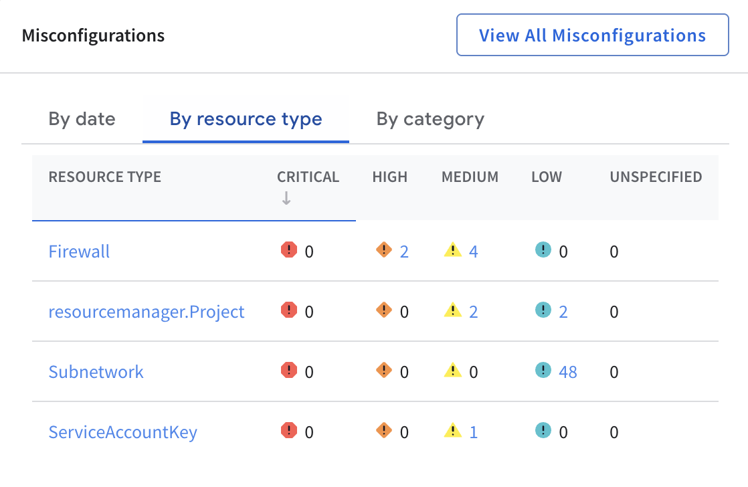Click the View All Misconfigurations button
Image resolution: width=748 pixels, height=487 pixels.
pyautogui.click(x=592, y=35)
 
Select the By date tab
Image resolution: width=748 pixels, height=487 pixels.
pyautogui.click(x=82, y=119)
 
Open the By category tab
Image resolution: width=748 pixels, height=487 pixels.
pyautogui.click(x=430, y=119)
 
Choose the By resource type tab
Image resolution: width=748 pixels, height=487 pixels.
pyautogui.click(x=246, y=119)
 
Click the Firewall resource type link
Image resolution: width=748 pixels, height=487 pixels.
pyautogui.click(x=79, y=252)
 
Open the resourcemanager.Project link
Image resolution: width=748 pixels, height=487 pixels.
pyautogui.click(x=147, y=312)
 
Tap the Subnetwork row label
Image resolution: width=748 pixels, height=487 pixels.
pyautogui.click(x=96, y=372)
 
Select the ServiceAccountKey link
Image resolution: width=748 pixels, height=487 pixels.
pyautogui.click(x=122, y=432)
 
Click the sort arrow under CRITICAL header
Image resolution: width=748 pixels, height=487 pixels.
pyautogui.click(x=286, y=198)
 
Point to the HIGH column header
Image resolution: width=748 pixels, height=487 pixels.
pyautogui.click(x=389, y=177)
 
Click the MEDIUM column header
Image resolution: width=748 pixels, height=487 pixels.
pyautogui.click(x=470, y=177)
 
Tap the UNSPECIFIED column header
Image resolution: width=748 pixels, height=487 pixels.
pyautogui.click(x=656, y=177)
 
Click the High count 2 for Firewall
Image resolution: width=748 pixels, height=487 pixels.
pyautogui.click(x=404, y=252)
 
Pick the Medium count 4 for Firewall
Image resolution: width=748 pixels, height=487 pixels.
pyautogui.click(x=474, y=252)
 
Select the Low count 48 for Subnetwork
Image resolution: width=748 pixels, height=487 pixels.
pyautogui.click(x=568, y=372)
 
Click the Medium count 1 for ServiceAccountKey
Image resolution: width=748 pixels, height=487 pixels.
pyautogui.click(x=474, y=432)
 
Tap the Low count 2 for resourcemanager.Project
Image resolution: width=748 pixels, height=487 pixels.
pyautogui.click(x=563, y=312)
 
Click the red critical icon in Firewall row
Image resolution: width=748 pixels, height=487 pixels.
pyautogui.click(x=288, y=250)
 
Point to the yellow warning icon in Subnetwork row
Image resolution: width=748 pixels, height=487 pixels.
pyautogui.click(x=453, y=370)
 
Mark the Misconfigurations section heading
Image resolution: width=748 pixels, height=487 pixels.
pyautogui.click(x=93, y=35)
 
